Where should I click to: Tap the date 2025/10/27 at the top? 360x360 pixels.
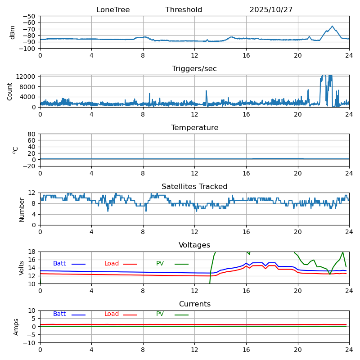tap(271, 10)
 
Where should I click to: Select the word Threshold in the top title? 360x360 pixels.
tap(184, 10)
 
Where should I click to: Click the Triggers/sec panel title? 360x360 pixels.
tap(194, 69)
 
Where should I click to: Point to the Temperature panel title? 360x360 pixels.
tap(194, 128)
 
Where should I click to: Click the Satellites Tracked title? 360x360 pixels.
tap(194, 187)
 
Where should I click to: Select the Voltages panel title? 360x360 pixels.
tap(194, 245)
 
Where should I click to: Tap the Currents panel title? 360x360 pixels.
tap(194, 304)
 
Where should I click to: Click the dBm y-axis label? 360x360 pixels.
tap(13, 32)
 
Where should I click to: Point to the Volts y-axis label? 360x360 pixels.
tap(22, 268)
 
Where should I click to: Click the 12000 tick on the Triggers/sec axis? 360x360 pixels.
tap(27, 77)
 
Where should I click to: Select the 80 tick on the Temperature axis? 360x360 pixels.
tap(32, 134)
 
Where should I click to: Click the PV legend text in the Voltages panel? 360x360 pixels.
tap(160, 264)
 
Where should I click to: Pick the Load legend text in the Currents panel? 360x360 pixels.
tap(112, 314)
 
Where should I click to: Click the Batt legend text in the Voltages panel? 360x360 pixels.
tap(59, 264)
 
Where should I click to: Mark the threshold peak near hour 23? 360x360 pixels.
tap(332, 26)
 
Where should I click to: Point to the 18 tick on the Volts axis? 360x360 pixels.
tap(32, 252)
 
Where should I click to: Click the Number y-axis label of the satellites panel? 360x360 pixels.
tap(22, 209)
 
